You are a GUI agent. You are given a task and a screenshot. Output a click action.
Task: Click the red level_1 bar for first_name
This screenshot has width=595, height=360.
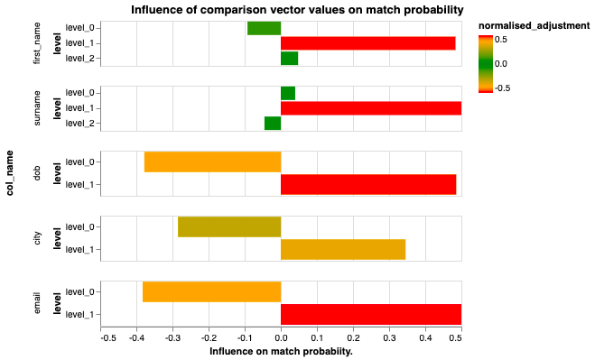[x=367, y=43]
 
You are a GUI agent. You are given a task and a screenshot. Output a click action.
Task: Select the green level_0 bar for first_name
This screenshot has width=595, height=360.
[x=264, y=28]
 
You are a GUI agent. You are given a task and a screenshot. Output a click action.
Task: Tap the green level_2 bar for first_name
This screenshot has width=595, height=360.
[x=289, y=59]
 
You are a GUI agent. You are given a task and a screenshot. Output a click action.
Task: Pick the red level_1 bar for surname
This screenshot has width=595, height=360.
[x=370, y=108]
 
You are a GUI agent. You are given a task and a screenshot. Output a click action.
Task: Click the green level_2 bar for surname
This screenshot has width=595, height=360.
[x=272, y=124]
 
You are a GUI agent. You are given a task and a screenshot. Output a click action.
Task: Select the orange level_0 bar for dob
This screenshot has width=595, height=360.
[x=212, y=162]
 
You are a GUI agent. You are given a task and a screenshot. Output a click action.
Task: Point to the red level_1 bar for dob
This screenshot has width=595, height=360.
[x=367, y=185]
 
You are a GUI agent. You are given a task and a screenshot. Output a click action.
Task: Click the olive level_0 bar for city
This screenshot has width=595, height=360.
[x=229, y=227]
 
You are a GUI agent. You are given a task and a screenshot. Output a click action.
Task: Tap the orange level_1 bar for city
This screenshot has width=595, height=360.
[x=343, y=250]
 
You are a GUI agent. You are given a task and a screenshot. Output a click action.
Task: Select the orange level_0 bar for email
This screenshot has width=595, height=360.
[x=211, y=292]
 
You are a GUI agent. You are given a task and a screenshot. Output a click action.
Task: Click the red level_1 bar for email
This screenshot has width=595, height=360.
[x=370, y=315]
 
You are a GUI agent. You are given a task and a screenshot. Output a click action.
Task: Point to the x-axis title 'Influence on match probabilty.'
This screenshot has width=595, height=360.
[x=281, y=351]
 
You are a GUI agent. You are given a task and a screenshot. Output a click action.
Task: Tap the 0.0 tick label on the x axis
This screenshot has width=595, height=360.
[x=281, y=337]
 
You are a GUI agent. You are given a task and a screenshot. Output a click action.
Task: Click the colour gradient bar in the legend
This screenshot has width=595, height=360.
[x=485, y=63]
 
